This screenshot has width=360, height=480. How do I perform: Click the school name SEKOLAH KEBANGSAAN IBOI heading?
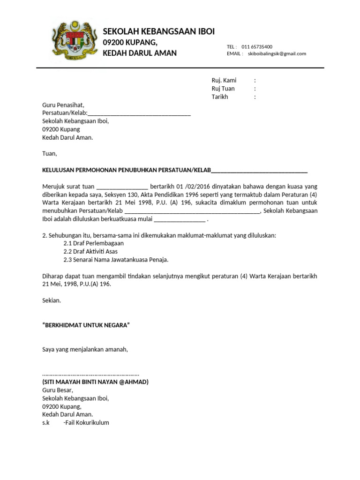[x=158, y=31]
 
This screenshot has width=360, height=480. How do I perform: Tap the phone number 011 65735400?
[x=257, y=47]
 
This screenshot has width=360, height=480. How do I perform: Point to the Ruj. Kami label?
[x=224, y=80]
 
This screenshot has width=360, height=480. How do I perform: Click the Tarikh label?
[x=220, y=97]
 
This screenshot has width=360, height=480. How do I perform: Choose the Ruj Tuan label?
[x=223, y=89]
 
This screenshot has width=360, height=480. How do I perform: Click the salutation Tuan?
[x=49, y=153]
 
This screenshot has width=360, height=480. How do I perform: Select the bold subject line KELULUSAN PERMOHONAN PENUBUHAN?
[x=127, y=170]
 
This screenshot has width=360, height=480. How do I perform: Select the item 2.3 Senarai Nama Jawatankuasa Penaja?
[x=116, y=260]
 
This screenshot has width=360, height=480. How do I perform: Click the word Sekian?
[x=51, y=300]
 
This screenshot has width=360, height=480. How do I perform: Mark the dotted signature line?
[x=90, y=374]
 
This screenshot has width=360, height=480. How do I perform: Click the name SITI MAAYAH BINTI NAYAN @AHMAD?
[x=95, y=382]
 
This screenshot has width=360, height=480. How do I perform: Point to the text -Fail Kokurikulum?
[x=86, y=422]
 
